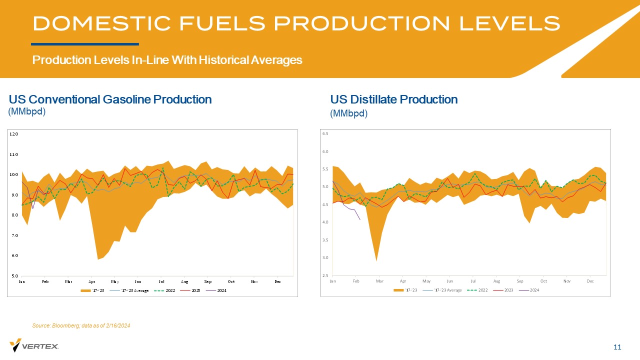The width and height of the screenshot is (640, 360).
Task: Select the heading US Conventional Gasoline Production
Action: point(110,99)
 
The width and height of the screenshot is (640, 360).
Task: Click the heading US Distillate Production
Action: point(393,99)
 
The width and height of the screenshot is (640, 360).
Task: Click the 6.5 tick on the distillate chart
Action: point(325,133)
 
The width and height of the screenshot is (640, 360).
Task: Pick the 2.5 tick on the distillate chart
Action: point(325,275)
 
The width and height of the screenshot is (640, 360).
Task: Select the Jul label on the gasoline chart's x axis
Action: point(161,281)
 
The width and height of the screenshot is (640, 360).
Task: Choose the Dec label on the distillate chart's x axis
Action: point(590,281)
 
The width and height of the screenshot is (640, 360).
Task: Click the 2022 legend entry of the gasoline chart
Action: point(170,290)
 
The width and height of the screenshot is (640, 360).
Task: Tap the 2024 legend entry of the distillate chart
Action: point(534,290)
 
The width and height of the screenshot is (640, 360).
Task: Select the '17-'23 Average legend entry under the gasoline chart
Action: point(135,290)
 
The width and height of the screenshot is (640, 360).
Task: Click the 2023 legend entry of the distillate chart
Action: point(509,290)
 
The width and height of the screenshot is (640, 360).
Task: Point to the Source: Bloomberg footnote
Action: point(81,326)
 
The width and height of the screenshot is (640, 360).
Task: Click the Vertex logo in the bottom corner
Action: point(34,345)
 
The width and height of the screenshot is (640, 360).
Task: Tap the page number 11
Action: point(617,347)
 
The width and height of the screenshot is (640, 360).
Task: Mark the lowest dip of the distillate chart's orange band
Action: point(376,260)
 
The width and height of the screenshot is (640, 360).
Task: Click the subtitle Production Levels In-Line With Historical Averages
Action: point(167,60)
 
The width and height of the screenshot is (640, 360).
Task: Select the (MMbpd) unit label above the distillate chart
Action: point(348,113)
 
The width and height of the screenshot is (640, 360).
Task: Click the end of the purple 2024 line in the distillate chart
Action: point(360,219)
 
